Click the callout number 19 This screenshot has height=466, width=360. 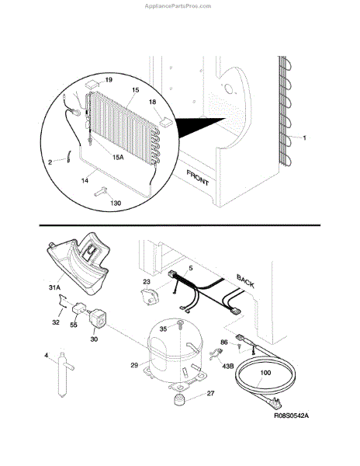click(109, 80)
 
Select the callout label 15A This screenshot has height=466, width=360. click(118, 157)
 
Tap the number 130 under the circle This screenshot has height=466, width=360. click(116, 203)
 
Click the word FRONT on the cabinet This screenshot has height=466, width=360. click(198, 178)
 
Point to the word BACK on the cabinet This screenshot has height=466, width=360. click(245, 281)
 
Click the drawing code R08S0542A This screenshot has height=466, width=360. click(291, 416)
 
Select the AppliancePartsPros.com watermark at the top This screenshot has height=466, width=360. click(178, 6)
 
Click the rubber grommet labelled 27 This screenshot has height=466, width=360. click(178, 399)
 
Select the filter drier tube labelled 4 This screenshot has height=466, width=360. click(64, 374)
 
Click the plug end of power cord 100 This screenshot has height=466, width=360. click(275, 402)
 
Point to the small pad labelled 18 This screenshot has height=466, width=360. click(166, 121)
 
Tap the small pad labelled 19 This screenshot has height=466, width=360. click(92, 84)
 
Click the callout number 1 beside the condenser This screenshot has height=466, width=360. click(304, 138)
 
